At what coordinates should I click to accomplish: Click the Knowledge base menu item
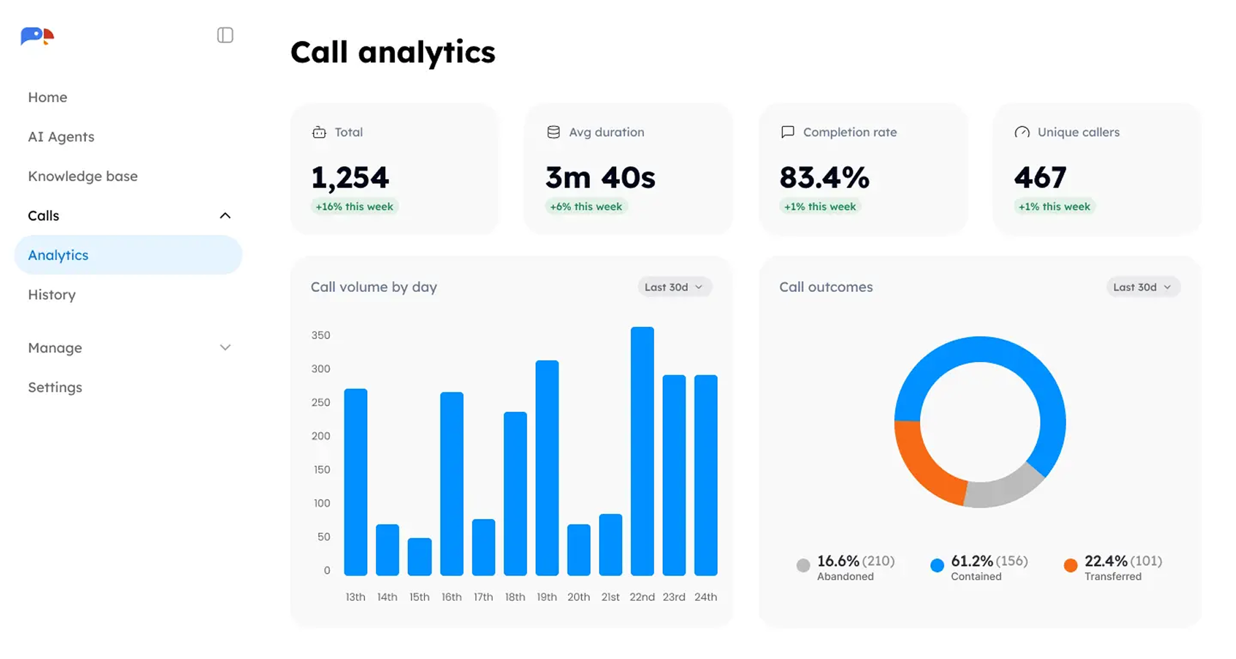tap(83, 176)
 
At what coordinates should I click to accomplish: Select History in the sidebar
tap(51, 295)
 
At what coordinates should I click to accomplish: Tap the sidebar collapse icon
tap(225, 35)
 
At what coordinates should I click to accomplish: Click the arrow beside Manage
tap(225, 347)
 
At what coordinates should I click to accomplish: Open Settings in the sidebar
tap(55, 387)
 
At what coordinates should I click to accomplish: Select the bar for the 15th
tap(419, 557)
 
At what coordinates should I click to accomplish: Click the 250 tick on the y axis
tap(321, 402)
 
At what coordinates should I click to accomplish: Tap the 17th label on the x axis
tap(483, 596)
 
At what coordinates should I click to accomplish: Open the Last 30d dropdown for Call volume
tap(674, 287)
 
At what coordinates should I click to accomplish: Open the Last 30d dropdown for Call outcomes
tap(1142, 287)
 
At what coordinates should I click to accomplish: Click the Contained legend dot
tap(937, 565)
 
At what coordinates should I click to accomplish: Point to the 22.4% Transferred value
tap(1106, 561)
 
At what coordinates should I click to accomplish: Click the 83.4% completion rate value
tap(824, 177)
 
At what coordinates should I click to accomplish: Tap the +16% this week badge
tap(354, 207)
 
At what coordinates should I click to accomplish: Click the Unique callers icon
tap(1022, 132)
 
